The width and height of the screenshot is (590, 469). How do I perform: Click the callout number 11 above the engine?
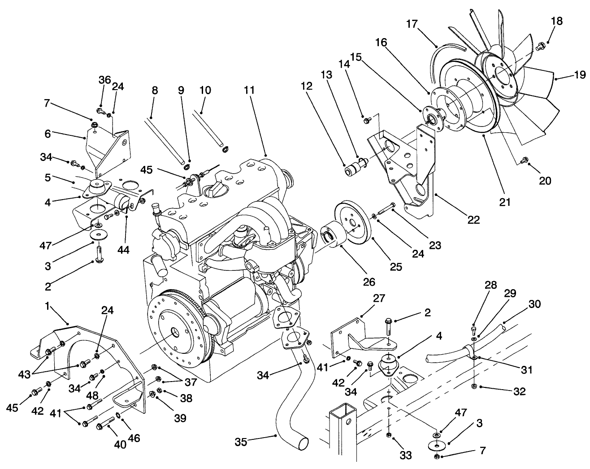coord(249,90)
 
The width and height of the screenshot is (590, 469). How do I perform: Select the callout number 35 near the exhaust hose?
coord(241,442)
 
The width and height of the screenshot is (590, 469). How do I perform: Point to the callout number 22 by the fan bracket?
coord(473,220)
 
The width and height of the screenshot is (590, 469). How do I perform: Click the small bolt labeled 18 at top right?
coord(541,45)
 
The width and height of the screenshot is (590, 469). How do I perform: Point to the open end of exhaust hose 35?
coord(303,443)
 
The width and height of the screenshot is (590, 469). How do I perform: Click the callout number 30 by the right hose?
coord(534,304)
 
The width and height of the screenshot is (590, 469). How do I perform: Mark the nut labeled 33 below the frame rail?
coord(389,435)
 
